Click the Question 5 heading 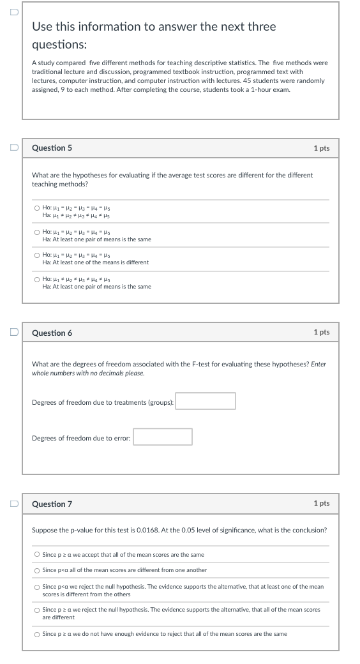pyautogui.click(x=52, y=148)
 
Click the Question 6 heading pyautogui.click(x=52, y=333)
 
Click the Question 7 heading pyautogui.click(x=52, y=504)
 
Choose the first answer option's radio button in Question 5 pyautogui.click(x=38, y=207)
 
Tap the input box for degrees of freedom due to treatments pyautogui.click(x=206, y=401)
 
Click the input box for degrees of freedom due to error pyautogui.click(x=162, y=437)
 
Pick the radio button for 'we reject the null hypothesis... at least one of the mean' pyautogui.click(x=38, y=586)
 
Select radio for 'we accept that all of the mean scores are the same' pyautogui.click(x=38, y=555)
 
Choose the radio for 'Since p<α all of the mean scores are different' pyautogui.click(x=38, y=570)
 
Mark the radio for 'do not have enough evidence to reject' pyautogui.click(x=38, y=634)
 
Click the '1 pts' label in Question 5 pyautogui.click(x=322, y=148)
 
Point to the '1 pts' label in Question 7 pyautogui.click(x=322, y=504)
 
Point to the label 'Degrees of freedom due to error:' pyautogui.click(x=81, y=437)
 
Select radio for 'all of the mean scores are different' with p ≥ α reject pyautogui.click(x=38, y=610)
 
